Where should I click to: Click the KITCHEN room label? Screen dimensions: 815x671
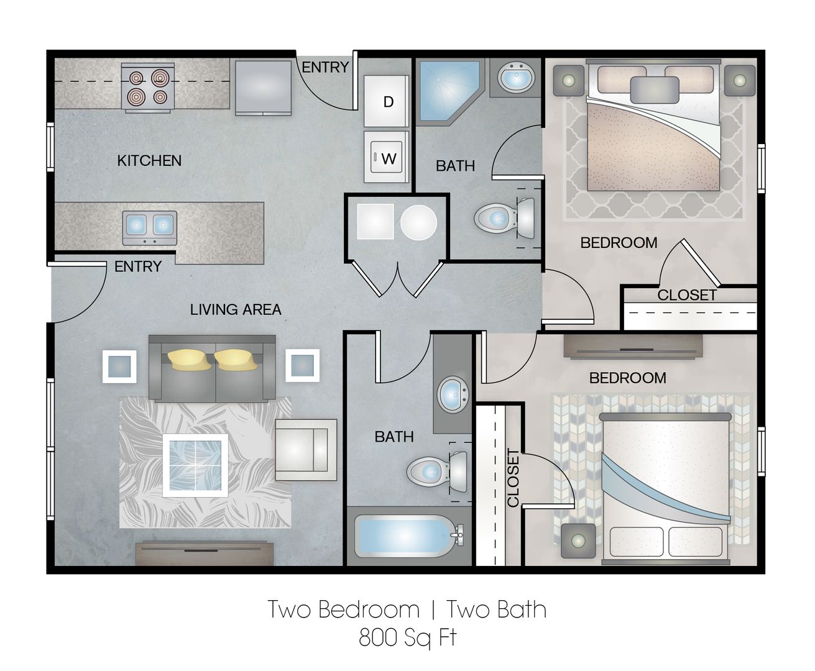[x=149, y=161]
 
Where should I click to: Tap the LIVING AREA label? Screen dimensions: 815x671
[x=236, y=309]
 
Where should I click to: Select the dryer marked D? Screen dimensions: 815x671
[x=386, y=101]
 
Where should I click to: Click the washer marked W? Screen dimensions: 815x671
[x=386, y=157]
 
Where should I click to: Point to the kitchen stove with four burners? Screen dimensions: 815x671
[x=148, y=88]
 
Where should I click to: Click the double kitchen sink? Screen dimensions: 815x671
[x=150, y=228]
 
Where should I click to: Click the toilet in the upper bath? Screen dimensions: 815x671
[x=504, y=219]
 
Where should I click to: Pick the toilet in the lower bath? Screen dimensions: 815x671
[x=436, y=472]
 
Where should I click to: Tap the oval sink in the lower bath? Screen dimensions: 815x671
[x=453, y=394]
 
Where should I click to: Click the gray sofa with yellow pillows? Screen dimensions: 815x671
[x=212, y=368]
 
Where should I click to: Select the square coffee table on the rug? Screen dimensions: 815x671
[x=195, y=465]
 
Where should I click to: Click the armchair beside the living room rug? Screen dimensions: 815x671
[x=306, y=449]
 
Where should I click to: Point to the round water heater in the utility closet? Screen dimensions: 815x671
[x=418, y=222]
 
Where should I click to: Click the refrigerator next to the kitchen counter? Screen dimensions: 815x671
[x=263, y=88]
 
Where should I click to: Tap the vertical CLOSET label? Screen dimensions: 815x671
[x=513, y=478]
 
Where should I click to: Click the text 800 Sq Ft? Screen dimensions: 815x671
[x=408, y=637]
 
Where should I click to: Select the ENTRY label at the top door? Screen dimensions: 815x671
[x=325, y=68]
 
